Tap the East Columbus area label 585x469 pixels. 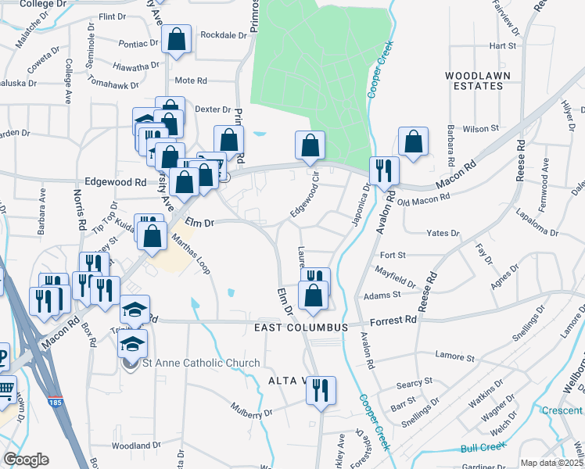300,327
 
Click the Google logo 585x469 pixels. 26,460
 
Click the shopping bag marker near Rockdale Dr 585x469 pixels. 178,42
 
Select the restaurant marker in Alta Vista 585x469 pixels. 320,390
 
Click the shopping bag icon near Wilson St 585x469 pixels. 413,141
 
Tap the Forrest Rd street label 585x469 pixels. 394,320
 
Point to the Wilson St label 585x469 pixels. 481,128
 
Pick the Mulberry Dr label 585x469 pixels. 251,409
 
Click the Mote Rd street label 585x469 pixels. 190,81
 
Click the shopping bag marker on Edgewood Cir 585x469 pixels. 310,145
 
